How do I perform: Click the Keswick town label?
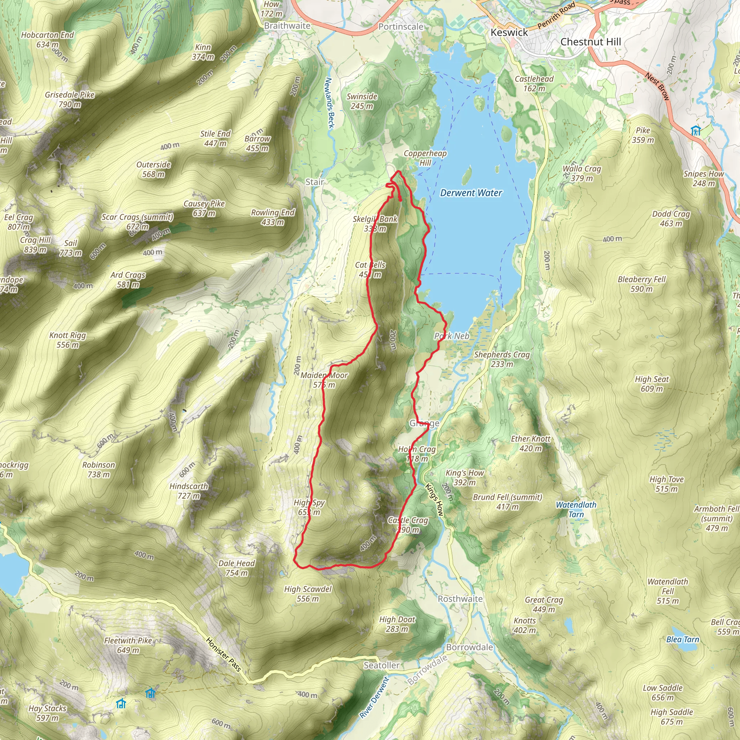pyautogui.click(x=509, y=33)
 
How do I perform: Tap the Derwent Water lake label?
pyautogui.click(x=471, y=193)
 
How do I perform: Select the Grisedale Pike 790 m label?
pyautogui.click(x=70, y=100)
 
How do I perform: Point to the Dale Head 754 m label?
pyautogui.click(x=236, y=568)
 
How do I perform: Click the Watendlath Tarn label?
pyautogui.click(x=576, y=509)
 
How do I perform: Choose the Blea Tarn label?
pyautogui.click(x=683, y=639)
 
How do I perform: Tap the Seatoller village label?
pyautogui.click(x=382, y=665)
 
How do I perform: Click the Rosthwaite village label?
pyautogui.click(x=460, y=599)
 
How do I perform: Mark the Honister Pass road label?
pyautogui.click(x=224, y=654)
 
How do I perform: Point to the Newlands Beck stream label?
pyautogui.click(x=330, y=103)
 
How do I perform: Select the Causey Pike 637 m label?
pyautogui.click(x=204, y=208)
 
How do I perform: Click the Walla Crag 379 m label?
pyautogui.click(x=581, y=173)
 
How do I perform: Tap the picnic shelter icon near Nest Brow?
pyautogui.click(x=696, y=130)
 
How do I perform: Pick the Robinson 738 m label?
pyautogui.click(x=98, y=470)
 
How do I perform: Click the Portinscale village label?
pyautogui.click(x=401, y=27)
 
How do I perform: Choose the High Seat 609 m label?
pyautogui.click(x=651, y=384)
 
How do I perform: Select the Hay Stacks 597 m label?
pyautogui.click(x=47, y=713)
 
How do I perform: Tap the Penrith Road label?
pyautogui.click(x=556, y=15)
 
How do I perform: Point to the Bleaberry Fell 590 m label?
pyautogui.click(x=642, y=284)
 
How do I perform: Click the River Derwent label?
pyautogui.click(x=374, y=697)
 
